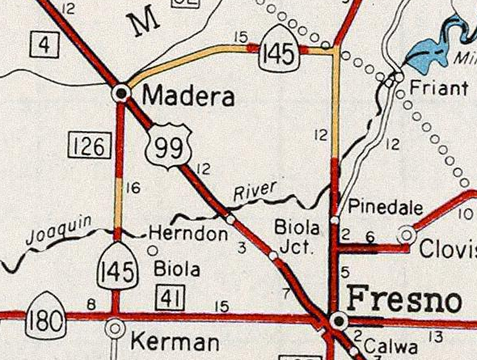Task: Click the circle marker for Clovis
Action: (407, 235)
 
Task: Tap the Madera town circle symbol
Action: (122, 93)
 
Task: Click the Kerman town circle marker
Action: (116, 328)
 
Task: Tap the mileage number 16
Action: (134, 188)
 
